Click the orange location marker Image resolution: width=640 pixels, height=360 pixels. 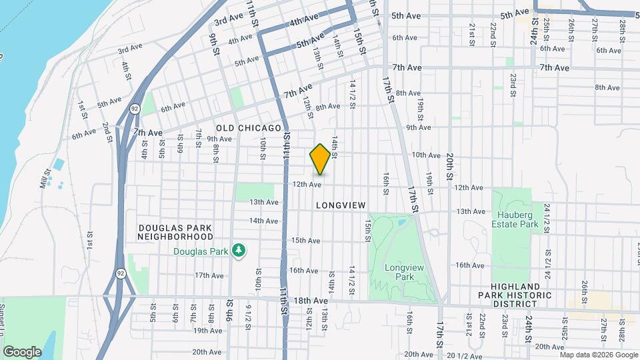tap(320, 159)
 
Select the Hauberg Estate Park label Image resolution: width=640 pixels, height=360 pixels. tap(517, 219)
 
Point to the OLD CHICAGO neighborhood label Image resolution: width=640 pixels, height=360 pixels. tap(249, 127)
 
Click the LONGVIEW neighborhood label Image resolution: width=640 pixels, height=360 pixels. tap(341, 205)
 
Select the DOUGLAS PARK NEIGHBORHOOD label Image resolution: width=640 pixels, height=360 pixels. tap(175, 232)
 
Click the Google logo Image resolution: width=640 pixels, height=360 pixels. tap(22, 351)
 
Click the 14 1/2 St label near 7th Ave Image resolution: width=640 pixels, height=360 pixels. tap(352, 91)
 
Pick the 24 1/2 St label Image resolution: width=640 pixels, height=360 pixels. tap(547, 218)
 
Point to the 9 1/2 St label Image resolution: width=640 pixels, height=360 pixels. tap(247, 313)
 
